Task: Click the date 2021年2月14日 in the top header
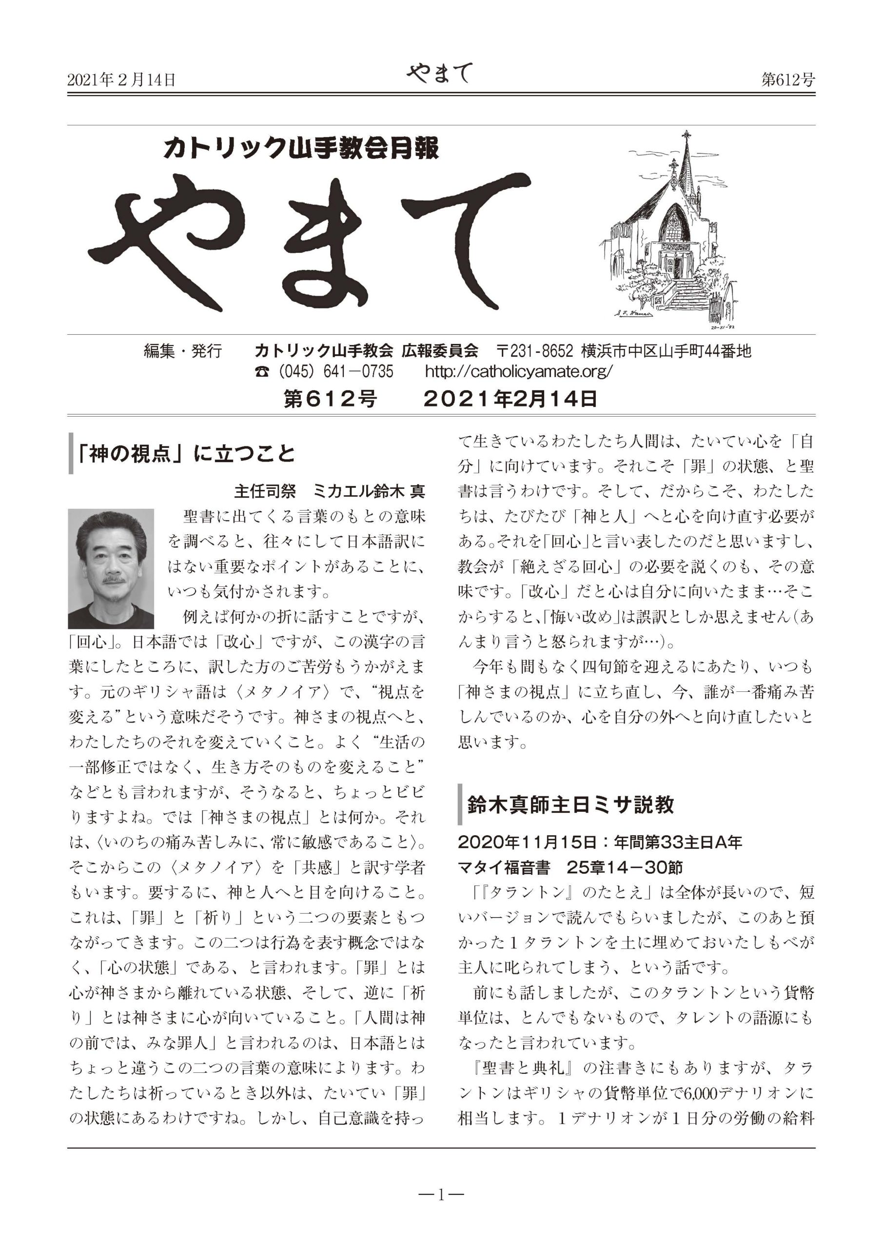(121, 80)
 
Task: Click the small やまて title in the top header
(439, 74)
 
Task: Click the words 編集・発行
(183, 351)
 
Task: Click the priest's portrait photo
(111, 568)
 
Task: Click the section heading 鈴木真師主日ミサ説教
(570, 804)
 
